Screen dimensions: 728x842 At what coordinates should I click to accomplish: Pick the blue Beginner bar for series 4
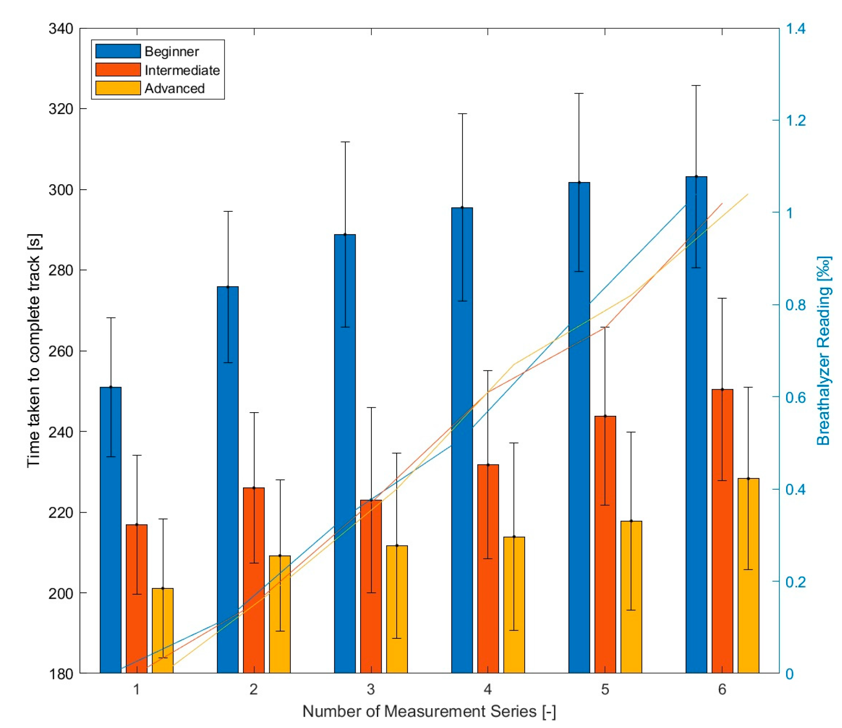462,450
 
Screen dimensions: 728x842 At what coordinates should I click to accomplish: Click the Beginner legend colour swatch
118,51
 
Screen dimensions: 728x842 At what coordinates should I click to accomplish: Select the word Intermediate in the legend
182,70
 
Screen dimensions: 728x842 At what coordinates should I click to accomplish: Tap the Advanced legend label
174,89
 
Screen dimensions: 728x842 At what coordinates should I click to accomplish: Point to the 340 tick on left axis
61,29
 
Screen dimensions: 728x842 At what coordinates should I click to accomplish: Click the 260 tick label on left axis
61,351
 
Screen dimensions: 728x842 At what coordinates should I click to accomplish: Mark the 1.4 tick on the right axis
796,29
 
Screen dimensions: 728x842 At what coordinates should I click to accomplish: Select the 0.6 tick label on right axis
796,397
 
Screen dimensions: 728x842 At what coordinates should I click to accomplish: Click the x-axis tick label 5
604,690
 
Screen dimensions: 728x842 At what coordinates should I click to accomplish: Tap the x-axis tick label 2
254,690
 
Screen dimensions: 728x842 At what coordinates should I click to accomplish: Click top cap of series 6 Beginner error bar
696,86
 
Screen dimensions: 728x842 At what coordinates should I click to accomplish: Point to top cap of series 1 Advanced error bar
163,519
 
